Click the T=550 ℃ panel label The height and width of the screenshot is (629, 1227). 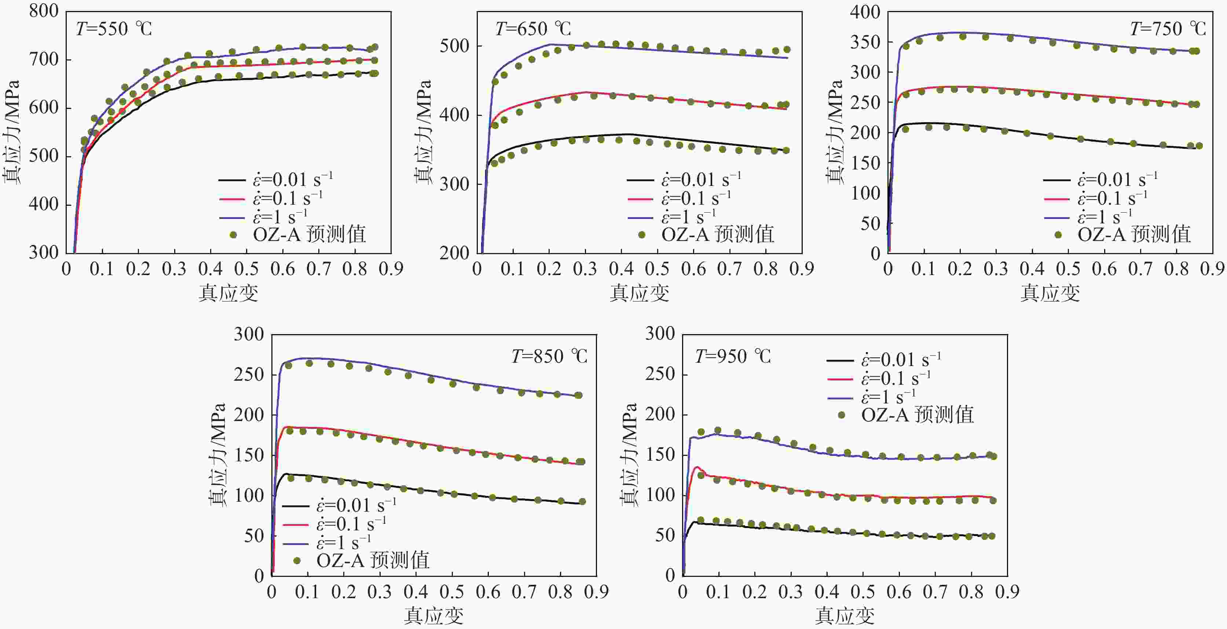[x=114, y=29]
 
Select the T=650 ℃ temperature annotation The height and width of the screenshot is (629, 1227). [x=533, y=29]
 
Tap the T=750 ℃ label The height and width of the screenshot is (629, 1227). [x=1168, y=29]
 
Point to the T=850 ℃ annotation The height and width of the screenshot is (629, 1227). [x=549, y=356]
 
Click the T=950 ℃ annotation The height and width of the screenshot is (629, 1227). [x=733, y=356]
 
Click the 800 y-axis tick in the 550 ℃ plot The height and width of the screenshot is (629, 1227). [x=44, y=11]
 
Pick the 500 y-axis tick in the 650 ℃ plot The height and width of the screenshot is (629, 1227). [x=454, y=46]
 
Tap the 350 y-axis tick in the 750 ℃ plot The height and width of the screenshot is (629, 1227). [x=865, y=42]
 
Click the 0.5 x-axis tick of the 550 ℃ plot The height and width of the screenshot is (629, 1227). [x=247, y=269]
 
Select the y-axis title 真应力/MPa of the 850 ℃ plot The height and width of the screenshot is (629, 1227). [x=217, y=455]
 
